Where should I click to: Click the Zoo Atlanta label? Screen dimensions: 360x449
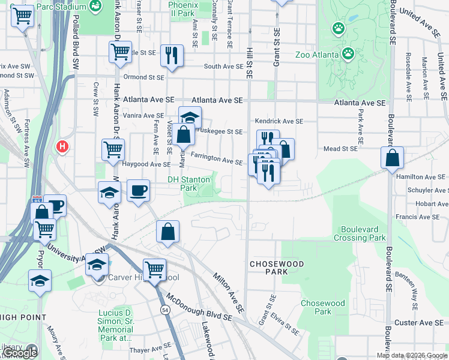click(x=316, y=55)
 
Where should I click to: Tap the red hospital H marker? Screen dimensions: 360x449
click(x=61, y=146)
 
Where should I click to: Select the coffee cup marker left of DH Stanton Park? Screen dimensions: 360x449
click(x=138, y=191)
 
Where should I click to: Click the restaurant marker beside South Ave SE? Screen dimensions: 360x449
click(x=173, y=55)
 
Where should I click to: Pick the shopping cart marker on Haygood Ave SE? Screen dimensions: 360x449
click(x=113, y=150)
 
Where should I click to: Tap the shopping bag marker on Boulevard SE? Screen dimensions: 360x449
click(x=392, y=158)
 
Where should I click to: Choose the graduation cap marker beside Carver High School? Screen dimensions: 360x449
click(x=97, y=264)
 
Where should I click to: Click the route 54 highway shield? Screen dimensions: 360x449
click(x=164, y=310)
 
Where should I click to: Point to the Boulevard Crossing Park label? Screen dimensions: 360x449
click(x=363, y=233)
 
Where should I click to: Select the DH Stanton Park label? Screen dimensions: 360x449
click(x=189, y=183)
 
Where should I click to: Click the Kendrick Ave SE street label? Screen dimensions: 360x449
click(x=279, y=121)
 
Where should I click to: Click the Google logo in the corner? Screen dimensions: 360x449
click(x=20, y=353)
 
